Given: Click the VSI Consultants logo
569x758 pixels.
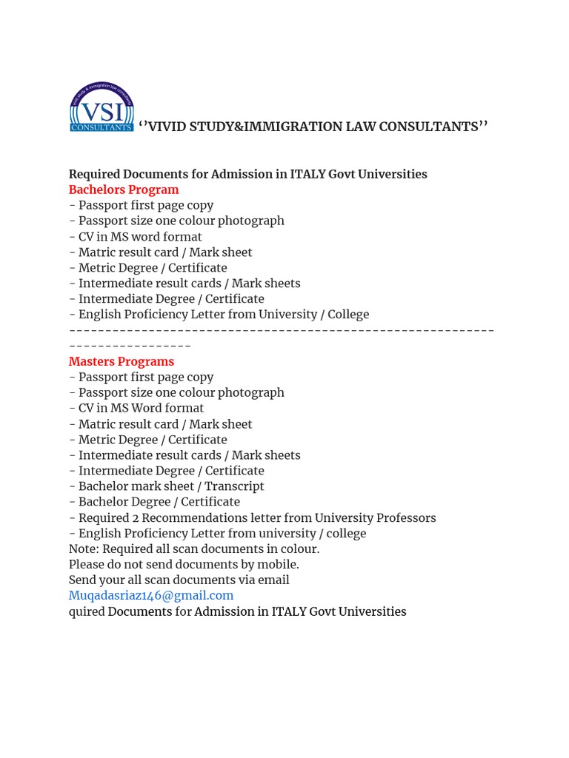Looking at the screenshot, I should [x=102, y=107].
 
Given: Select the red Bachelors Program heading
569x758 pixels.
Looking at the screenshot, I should [x=124, y=189].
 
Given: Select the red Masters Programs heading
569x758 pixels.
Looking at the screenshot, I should [x=122, y=361].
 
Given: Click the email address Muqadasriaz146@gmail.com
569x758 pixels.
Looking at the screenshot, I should [x=151, y=595].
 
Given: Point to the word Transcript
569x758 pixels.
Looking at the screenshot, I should [x=234, y=486].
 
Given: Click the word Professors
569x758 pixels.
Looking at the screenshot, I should [x=406, y=517].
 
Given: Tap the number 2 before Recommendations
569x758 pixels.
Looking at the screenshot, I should [x=136, y=517].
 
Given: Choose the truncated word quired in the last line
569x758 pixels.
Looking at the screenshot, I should [x=87, y=611].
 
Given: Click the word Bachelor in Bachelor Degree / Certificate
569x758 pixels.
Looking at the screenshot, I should [x=102, y=502].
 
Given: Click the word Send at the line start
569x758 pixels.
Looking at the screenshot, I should [x=82, y=580].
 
